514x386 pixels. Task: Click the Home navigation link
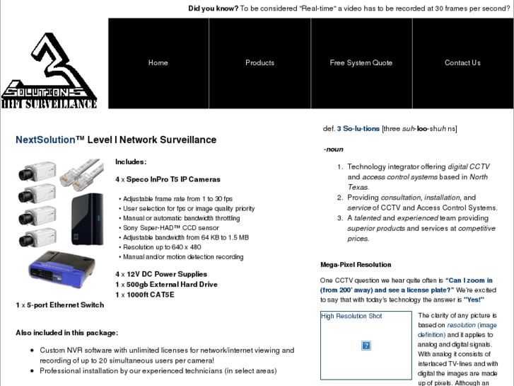click(158, 63)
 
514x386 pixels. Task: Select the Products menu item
click(259, 63)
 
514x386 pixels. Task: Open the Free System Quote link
click(361, 63)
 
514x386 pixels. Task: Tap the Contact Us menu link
click(462, 63)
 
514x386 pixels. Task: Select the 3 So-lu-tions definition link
click(358, 128)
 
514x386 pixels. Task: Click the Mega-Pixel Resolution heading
click(356, 264)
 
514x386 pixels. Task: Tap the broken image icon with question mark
click(366, 346)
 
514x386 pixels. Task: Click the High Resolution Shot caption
click(351, 316)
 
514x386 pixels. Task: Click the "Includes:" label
click(131, 161)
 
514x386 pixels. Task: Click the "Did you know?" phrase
click(213, 8)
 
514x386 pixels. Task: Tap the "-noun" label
click(333, 149)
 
